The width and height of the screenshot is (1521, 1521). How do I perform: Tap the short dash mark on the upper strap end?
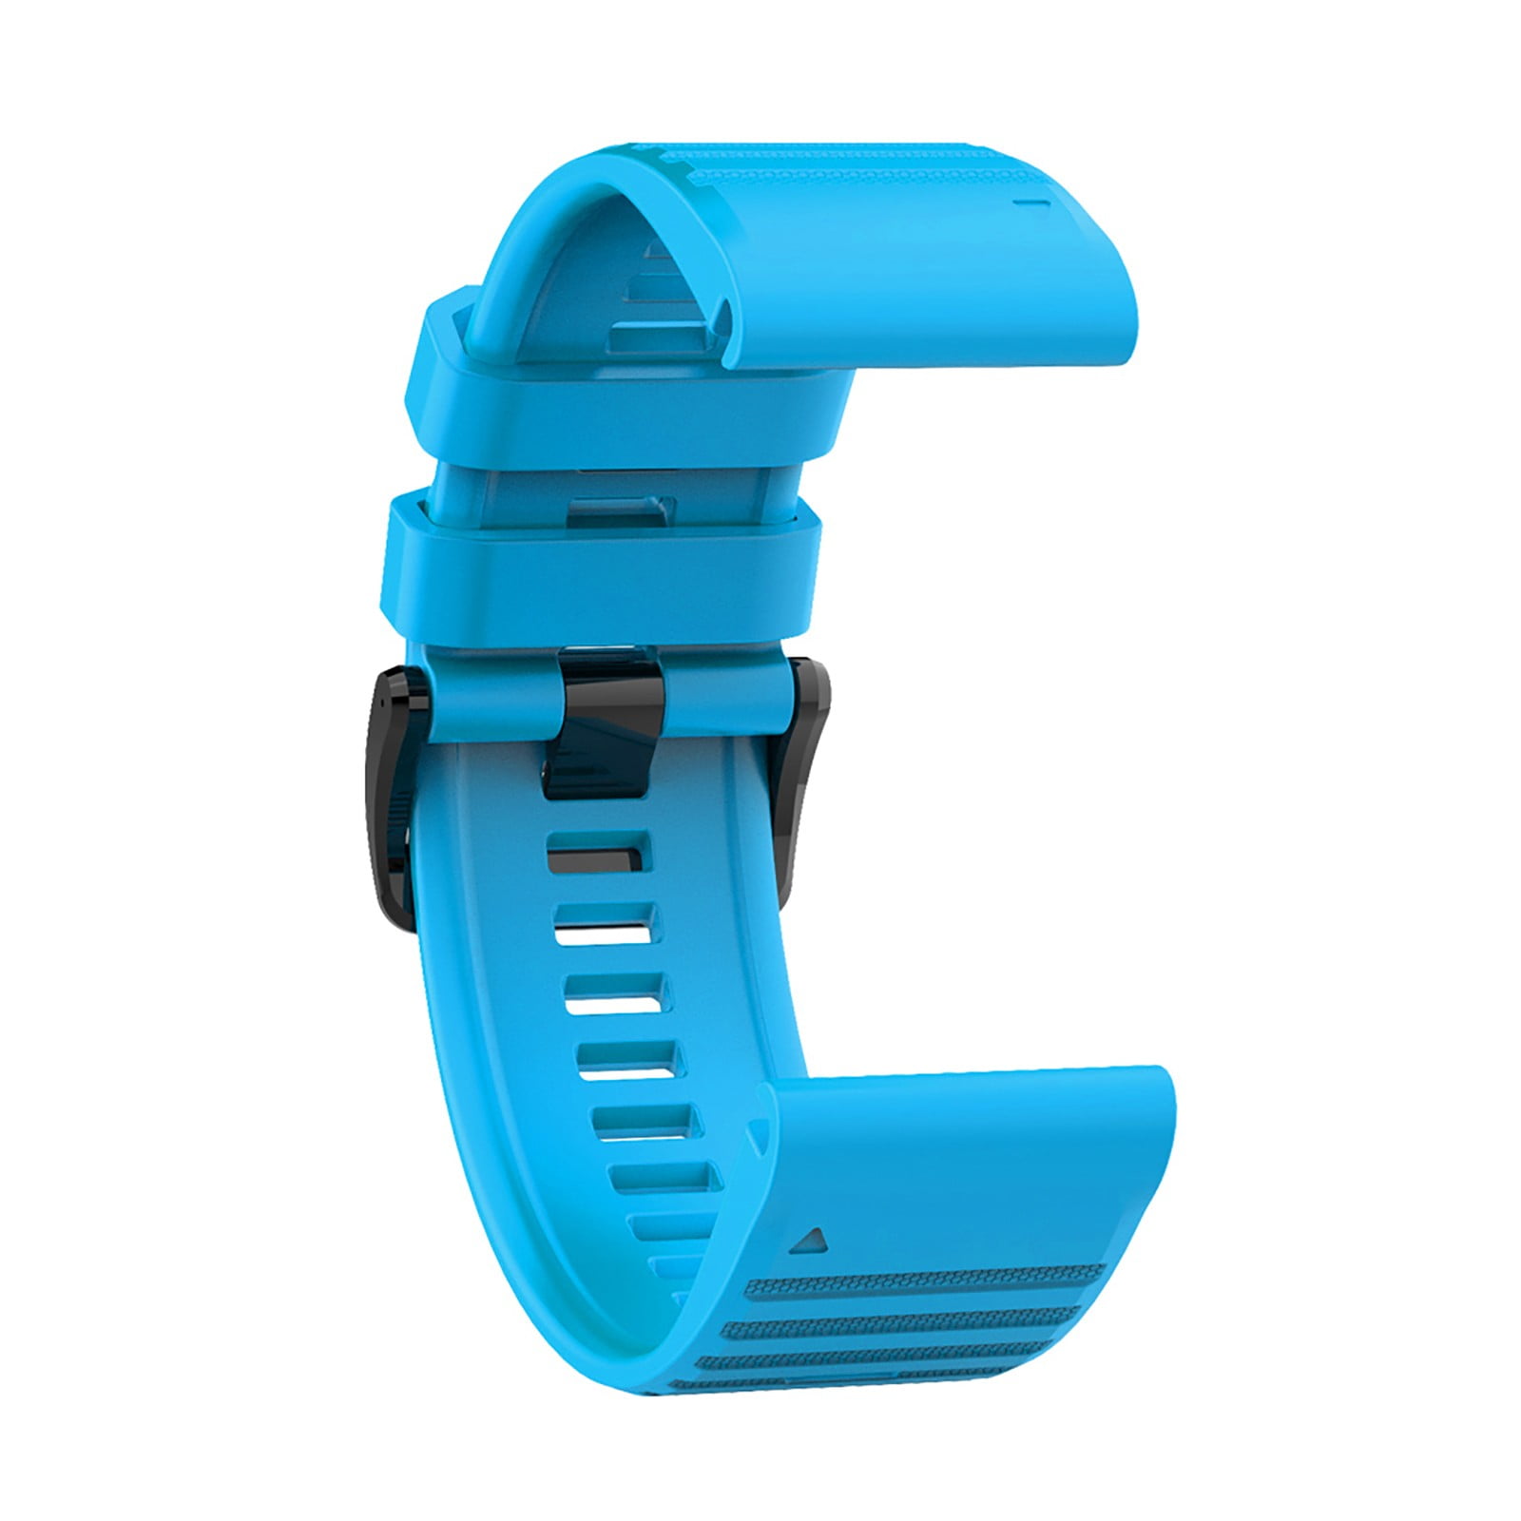point(1030,176)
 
